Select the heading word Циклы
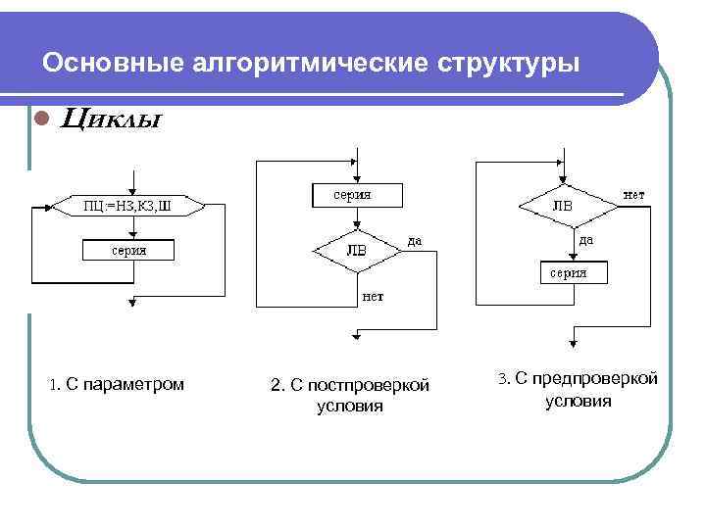(x=111, y=120)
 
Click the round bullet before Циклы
(x=41, y=120)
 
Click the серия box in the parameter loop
(x=128, y=251)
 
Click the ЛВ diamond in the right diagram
(x=562, y=207)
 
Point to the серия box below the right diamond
(x=569, y=272)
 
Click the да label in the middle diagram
(x=416, y=240)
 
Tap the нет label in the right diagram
(x=634, y=195)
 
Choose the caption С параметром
(x=116, y=384)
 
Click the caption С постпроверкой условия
(x=350, y=395)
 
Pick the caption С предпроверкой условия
(x=578, y=389)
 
